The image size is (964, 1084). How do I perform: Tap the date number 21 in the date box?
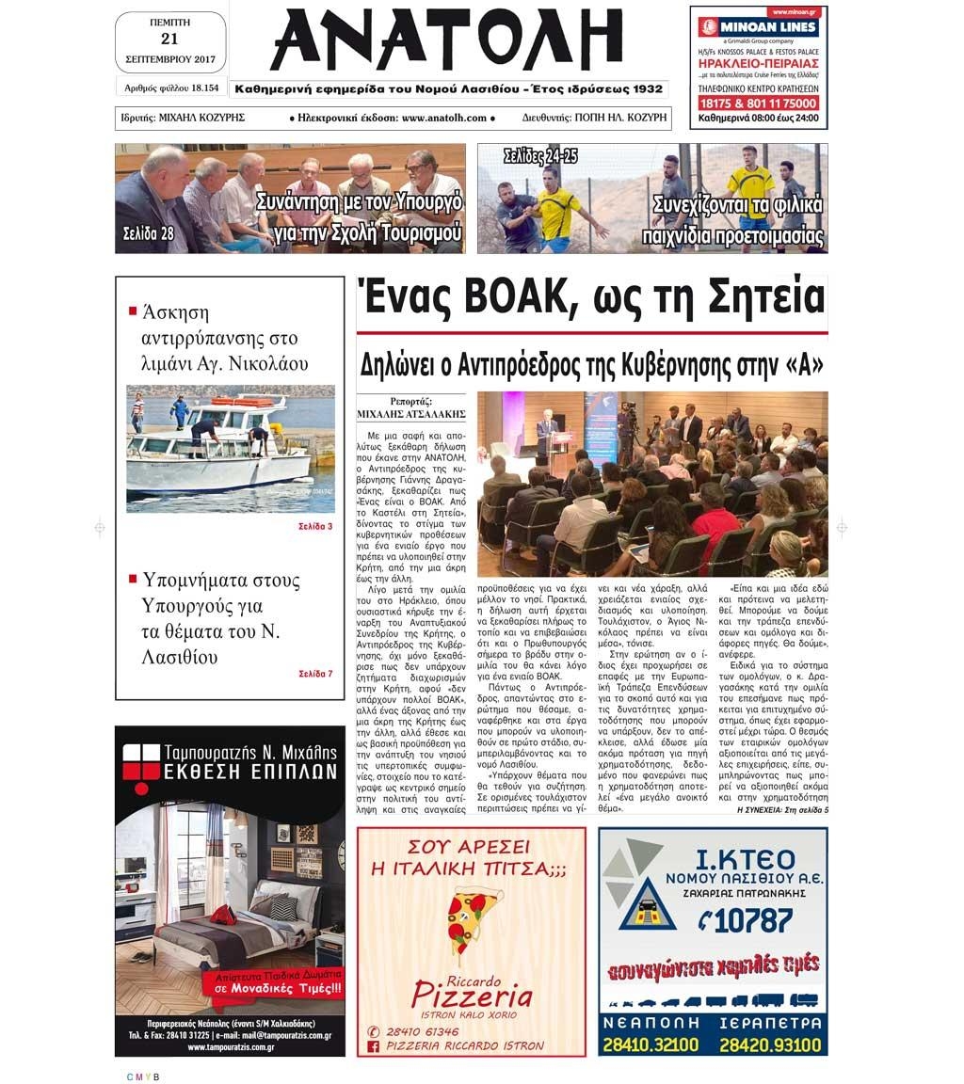(x=169, y=39)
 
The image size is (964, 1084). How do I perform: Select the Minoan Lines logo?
(x=758, y=27)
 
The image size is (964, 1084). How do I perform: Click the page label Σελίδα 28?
(x=148, y=233)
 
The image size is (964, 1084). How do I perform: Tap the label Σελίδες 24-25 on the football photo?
(x=540, y=155)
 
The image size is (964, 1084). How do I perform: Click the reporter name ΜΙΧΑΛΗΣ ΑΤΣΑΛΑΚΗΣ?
(x=411, y=413)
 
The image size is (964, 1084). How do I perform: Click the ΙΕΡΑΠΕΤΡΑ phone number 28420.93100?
(x=770, y=1044)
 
